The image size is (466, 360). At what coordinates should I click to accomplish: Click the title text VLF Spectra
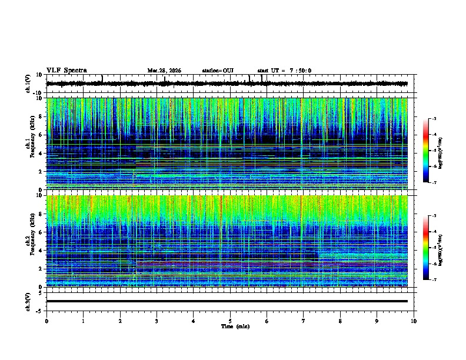[66, 71]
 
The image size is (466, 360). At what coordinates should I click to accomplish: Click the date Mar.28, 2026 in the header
[164, 71]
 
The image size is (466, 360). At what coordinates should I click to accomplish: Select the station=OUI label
[218, 71]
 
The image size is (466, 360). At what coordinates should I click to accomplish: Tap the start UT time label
[284, 71]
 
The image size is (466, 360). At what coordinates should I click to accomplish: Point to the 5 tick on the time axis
[230, 321]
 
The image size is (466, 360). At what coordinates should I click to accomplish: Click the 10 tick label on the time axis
[414, 321]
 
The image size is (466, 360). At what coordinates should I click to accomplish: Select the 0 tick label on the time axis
[46, 321]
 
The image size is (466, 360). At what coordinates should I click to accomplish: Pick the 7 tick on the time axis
[304, 321]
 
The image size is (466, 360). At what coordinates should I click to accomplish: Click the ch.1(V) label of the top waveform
[28, 84]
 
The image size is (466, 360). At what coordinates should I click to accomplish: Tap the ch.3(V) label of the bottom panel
[28, 301]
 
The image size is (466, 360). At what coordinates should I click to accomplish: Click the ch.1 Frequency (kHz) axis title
[30, 144]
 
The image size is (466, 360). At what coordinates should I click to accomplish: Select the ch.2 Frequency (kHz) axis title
[30, 241]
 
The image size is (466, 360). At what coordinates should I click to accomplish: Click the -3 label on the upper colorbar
[433, 119]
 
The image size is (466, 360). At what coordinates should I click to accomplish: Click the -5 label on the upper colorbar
[433, 151]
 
